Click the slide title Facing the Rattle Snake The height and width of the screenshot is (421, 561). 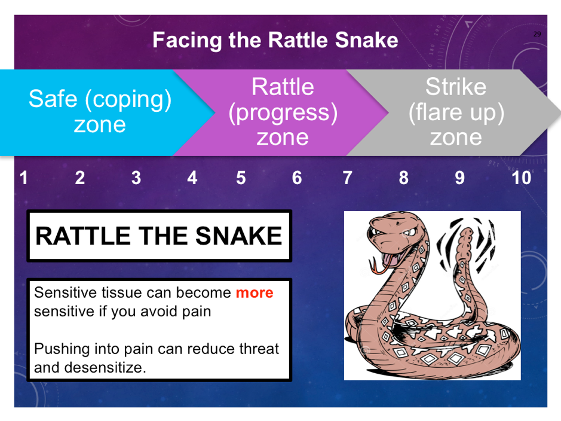click(x=275, y=39)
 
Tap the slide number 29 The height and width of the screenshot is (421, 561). click(x=537, y=34)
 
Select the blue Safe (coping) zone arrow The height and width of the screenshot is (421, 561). click(x=104, y=112)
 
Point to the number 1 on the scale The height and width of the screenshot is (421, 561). click(x=24, y=178)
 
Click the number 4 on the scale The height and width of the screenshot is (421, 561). click(x=192, y=178)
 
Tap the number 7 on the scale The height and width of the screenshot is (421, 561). click(x=347, y=178)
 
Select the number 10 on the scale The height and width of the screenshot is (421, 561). click(x=522, y=178)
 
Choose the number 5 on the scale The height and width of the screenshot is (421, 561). click(x=241, y=178)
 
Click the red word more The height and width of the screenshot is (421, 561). click(x=255, y=293)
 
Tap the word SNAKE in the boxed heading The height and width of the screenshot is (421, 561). click(x=238, y=236)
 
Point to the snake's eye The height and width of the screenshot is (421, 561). click(x=409, y=232)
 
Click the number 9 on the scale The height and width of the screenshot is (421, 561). click(x=460, y=178)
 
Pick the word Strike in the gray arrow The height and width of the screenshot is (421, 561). click(x=456, y=87)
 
